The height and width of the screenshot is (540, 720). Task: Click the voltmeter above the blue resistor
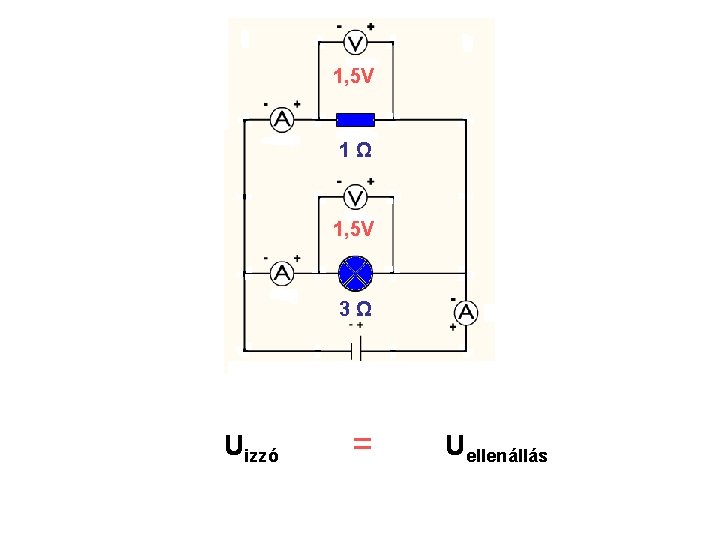click(354, 43)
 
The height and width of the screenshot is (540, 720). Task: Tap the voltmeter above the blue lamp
click(354, 197)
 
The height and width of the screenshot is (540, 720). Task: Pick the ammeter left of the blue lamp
click(283, 272)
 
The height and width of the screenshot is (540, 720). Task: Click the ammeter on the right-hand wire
click(466, 313)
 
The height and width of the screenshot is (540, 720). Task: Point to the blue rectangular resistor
click(355, 120)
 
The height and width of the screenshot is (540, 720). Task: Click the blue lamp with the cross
click(355, 272)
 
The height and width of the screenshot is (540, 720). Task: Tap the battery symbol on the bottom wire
click(355, 350)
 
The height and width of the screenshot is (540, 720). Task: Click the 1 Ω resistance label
click(355, 151)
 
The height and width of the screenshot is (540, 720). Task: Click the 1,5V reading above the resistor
click(354, 76)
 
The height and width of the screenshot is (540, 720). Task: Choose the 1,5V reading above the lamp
click(354, 229)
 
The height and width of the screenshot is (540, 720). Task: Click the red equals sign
click(363, 442)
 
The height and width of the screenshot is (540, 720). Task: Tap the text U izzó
click(251, 447)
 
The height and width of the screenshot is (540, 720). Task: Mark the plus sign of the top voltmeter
click(371, 26)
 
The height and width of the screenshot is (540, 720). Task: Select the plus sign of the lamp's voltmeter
click(371, 181)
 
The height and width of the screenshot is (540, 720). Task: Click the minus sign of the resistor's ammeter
click(266, 103)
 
